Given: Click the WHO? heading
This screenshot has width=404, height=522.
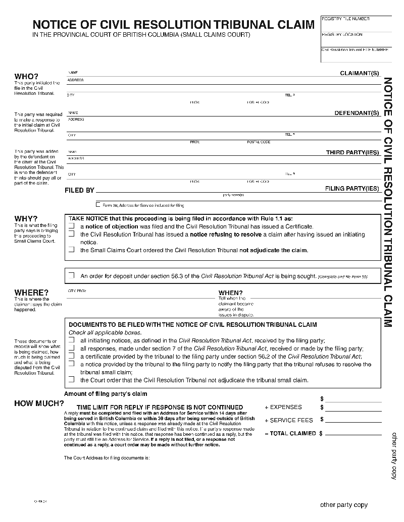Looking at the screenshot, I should [26, 76].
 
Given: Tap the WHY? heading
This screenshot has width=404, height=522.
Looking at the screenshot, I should [26, 218].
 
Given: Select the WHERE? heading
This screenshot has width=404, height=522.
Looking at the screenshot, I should [31, 293].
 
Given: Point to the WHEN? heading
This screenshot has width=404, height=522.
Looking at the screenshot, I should [230, 293].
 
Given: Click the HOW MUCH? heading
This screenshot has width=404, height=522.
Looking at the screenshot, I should [39, 403].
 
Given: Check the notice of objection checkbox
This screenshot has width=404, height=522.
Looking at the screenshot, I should [71, 226].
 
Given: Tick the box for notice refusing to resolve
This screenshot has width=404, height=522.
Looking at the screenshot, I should [71, 235].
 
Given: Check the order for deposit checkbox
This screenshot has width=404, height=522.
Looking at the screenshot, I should [71, 275].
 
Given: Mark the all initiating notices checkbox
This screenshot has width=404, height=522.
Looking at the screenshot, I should [71, 340].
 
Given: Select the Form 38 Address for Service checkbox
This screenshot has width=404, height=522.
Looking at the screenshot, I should [98, 205].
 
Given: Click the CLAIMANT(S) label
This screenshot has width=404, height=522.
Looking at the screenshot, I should [359, 74].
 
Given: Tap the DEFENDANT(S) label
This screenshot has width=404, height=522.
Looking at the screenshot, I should [357, 113].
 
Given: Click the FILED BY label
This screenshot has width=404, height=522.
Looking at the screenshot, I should [80, 191].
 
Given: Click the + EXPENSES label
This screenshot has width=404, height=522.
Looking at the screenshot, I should [283, 407].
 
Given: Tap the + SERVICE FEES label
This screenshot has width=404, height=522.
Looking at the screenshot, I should [289, 420].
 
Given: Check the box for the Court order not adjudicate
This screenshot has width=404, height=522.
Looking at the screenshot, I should [71, 379].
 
